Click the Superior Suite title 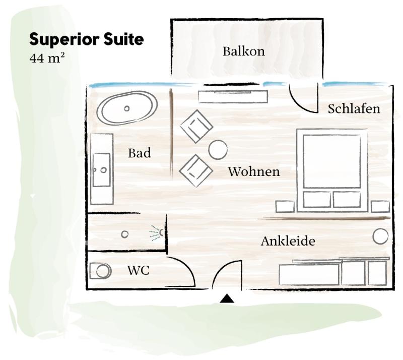[x=86, y=39]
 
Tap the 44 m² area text [x=47, y=58]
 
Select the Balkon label [x=244, y=51]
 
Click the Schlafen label [x=354, y=108]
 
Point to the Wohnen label [x=254, y=171]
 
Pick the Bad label [x=140, y=153]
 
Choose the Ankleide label [x=288, y=241]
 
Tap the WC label [x=138, y=270]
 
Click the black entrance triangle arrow [x=227, y=298]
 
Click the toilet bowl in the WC [x=103, y=271]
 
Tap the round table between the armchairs [x=218, y=150]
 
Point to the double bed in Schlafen [x=332, y=170]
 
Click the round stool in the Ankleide [x=380, y=236]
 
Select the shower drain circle [x=124, y=234]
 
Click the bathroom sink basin [x=102, y=170]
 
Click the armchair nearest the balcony [x=196, y=127]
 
